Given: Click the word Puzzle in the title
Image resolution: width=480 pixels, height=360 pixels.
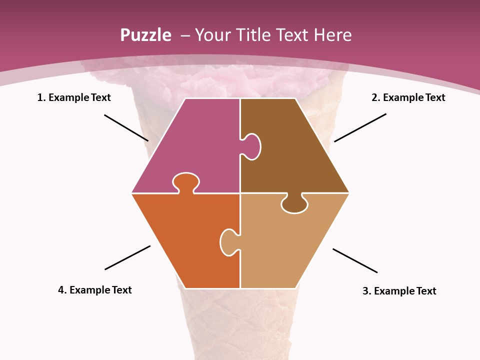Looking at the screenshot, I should coord(145,35).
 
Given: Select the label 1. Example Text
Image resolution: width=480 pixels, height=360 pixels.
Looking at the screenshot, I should coord(74,97).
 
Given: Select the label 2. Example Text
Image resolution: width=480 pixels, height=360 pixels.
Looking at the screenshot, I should coord(408,97).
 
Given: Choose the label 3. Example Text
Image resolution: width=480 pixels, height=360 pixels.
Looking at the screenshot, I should coord(399,291).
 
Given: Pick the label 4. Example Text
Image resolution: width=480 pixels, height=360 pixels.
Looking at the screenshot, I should coord(95,290).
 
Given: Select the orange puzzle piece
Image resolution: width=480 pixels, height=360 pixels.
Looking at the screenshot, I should coord(185,240).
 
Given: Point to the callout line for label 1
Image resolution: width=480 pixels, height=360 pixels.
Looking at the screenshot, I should coord(126,127).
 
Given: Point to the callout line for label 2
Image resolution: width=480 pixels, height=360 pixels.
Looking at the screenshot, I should coord(360,127).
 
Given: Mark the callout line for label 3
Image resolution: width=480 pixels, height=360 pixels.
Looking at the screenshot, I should coord(355,260).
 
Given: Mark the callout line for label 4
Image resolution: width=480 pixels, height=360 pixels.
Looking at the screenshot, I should coord(127,257).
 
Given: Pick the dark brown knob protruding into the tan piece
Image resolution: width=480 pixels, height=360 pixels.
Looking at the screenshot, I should coord(294,204).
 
